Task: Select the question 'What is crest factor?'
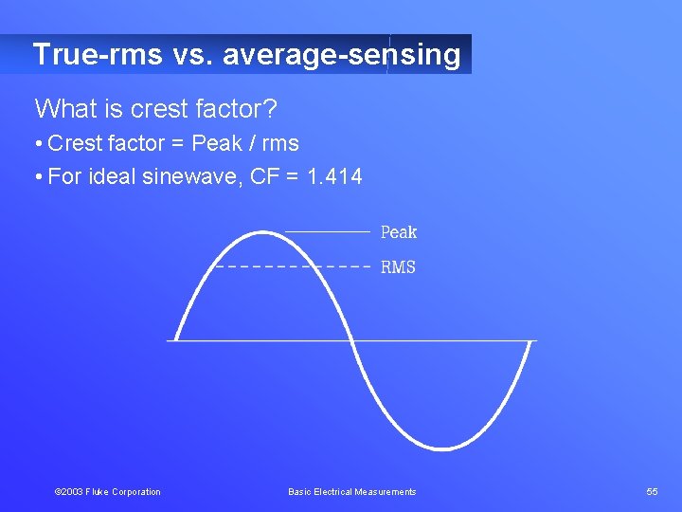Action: (156, 110)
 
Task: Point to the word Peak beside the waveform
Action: (398, 232)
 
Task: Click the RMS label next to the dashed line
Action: (398, 267)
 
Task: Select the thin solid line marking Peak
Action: (327, 231)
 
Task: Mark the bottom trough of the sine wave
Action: (440, 448)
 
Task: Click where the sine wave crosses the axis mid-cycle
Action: (351, 340)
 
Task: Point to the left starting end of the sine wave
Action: (176, 338)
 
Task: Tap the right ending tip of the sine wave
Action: (529, 343)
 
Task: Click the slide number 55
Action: (652, 491)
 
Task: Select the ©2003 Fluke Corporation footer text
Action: (108, 491)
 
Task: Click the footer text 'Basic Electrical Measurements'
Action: (351, 491)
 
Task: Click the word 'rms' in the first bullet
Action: (280, 144)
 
